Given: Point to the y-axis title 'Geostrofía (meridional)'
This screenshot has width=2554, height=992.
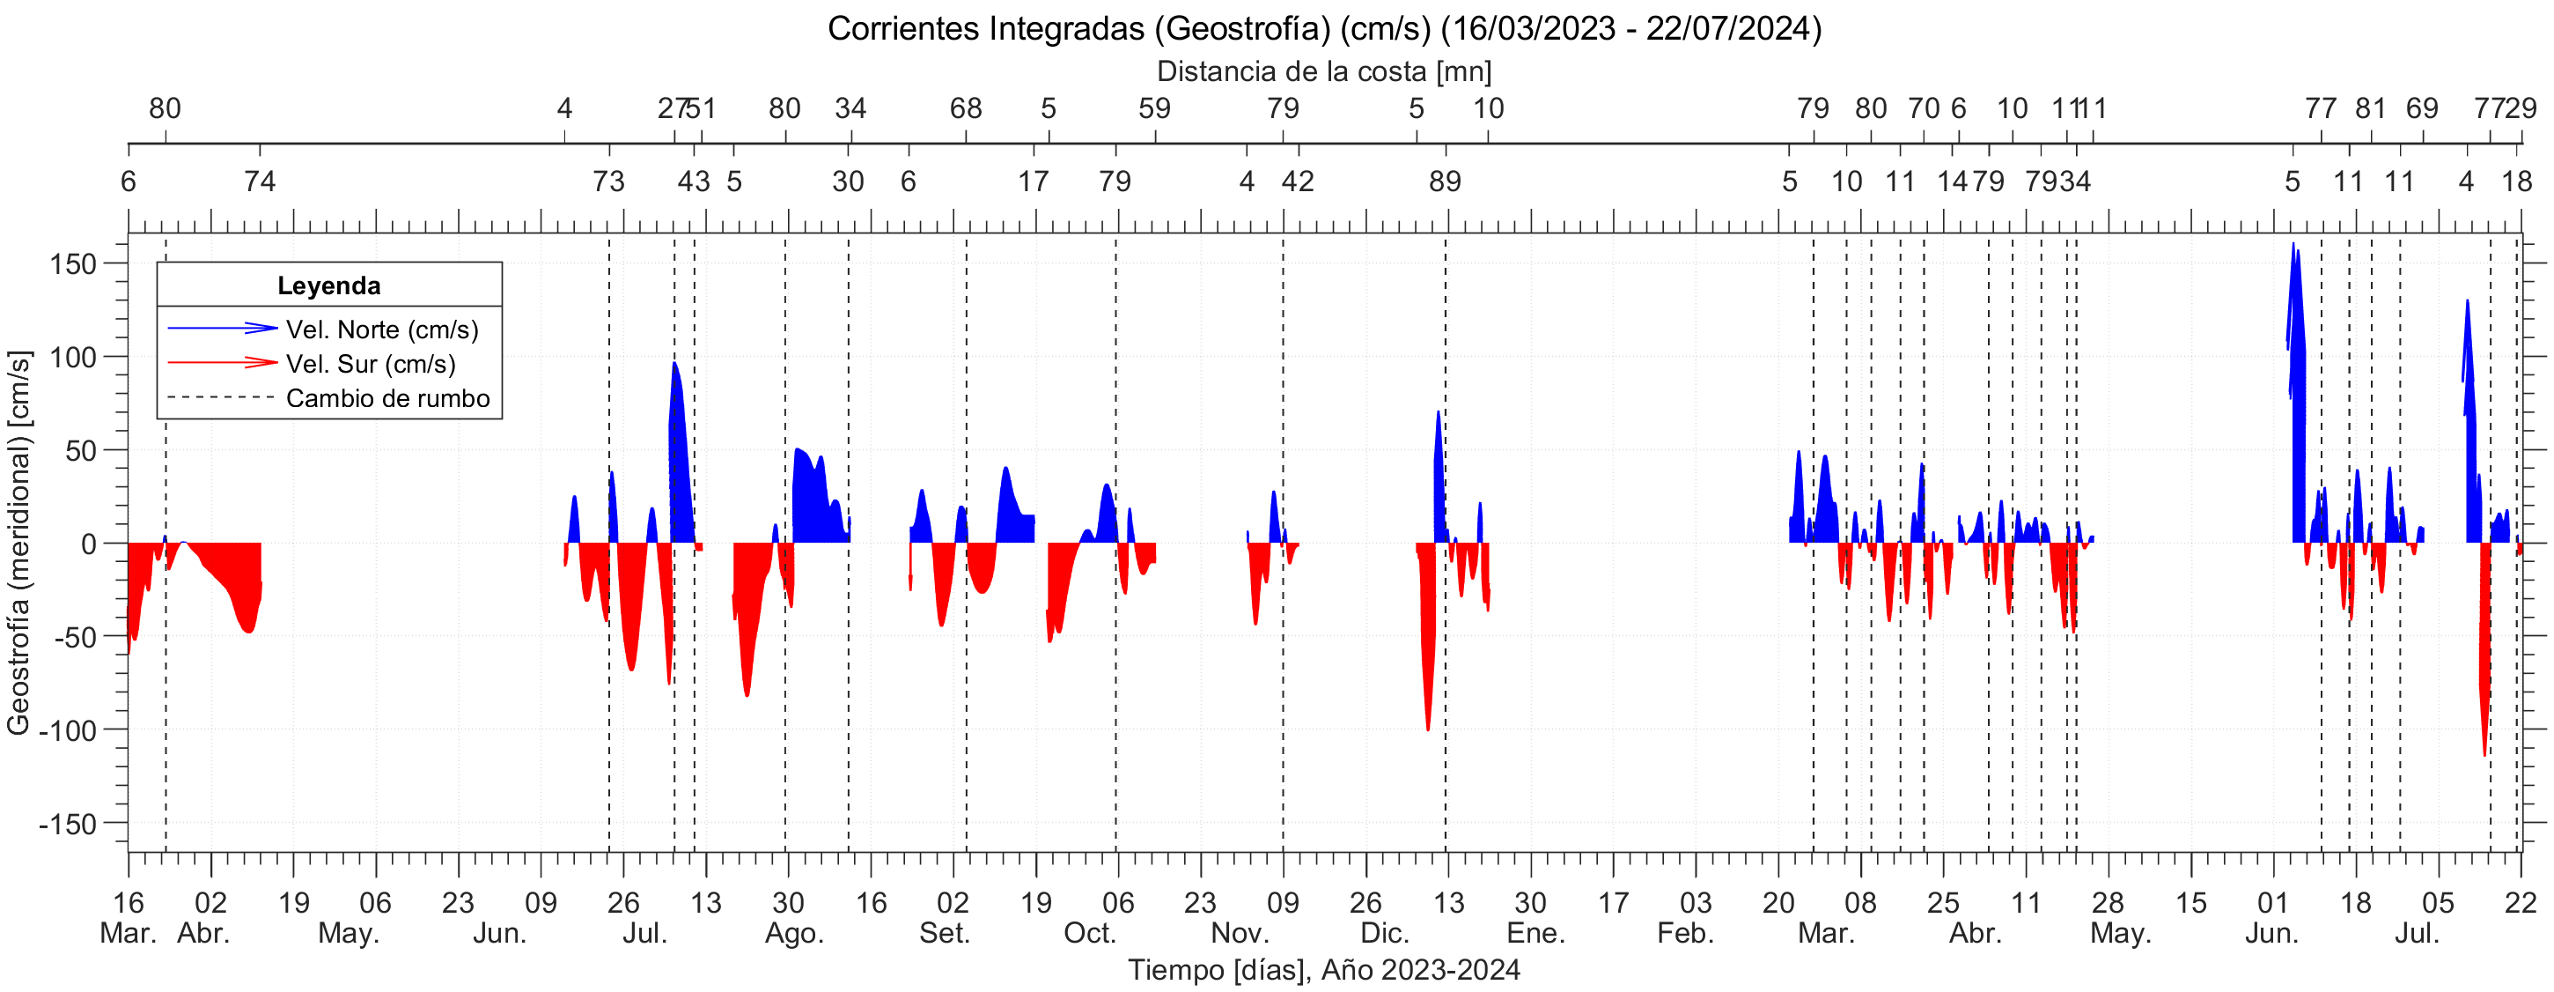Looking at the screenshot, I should [x=18, y=542].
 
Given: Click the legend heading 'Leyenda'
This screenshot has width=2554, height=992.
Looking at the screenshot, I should [x=328, y=285].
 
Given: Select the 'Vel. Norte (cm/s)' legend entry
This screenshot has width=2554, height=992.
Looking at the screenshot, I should [x=382, y=329].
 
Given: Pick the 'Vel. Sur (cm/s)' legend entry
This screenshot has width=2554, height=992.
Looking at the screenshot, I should [x=371, y=364].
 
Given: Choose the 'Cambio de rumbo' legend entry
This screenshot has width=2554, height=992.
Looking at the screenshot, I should [x=387, y=399].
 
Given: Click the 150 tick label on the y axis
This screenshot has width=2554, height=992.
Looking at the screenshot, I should [x=73, y=264].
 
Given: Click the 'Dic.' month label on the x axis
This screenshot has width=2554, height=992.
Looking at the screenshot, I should [x=1384, y=934].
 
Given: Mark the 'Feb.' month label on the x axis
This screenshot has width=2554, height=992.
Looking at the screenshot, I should [x=1685, y=934].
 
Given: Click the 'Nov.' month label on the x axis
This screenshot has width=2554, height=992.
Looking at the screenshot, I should [x=1240, y=934].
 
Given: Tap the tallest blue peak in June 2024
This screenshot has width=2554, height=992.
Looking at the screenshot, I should [x=2293, y=245].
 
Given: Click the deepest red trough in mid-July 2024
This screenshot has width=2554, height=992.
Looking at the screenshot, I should [x=2484, y=754].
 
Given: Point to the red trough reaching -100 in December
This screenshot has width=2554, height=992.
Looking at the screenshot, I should [x=1428, y=728].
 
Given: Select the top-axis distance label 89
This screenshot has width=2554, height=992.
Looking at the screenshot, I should [x=1445, y=181].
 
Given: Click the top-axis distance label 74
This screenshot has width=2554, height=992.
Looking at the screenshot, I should [x=260, y=181].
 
